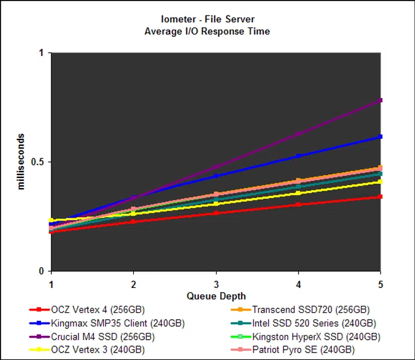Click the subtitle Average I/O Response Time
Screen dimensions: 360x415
(x=207, y=31)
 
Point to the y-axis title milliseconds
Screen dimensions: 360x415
(x=21, y=162)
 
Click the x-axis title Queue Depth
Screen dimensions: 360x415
(x=216, y=296)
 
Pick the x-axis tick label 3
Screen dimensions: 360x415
(x=216, y=284)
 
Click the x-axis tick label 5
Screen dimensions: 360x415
(x=380, y=284)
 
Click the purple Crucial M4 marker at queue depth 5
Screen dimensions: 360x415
(x=380, y=100)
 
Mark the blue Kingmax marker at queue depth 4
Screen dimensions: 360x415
(x=298, y=156)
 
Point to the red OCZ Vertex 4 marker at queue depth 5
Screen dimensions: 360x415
(x=380, y=197)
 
